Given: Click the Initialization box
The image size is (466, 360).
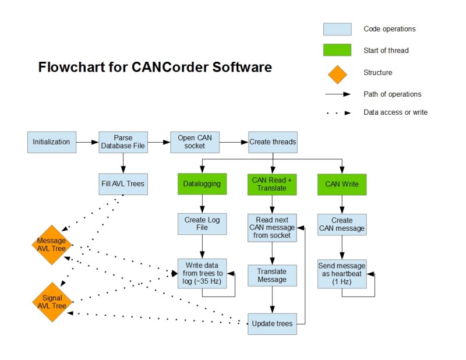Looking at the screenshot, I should tap(51, 142).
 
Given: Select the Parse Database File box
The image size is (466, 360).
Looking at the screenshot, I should tap(123, 142).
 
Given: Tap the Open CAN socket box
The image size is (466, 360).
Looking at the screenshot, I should tap(195, 142).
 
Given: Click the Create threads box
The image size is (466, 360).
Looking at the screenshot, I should tap(273, 142).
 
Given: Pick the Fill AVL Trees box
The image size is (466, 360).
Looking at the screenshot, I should tap(123, 183).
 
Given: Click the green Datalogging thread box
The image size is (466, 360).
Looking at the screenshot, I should tap(202, 183).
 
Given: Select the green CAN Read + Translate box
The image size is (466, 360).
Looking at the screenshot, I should tap(273, 183).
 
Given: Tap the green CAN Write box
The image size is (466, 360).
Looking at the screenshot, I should tap(342, 183).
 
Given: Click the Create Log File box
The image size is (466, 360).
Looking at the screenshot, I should tap(202, 224).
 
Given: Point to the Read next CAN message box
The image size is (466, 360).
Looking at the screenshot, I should tap(273, 227).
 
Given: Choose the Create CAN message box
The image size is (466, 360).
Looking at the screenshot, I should tap(342, 224).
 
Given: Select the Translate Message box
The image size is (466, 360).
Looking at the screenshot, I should tap(272, 275).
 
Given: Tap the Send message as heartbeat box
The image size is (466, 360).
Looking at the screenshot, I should tap(342, 273).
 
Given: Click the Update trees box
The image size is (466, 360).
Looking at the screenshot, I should tap(272, 323).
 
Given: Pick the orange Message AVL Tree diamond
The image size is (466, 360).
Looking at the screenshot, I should tap(51, 245).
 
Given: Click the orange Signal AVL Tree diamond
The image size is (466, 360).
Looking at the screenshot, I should tap(52, 302).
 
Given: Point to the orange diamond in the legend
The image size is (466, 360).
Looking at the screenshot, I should tap(337, 73).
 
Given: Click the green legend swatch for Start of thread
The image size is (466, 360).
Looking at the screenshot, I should tap(337, 50).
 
